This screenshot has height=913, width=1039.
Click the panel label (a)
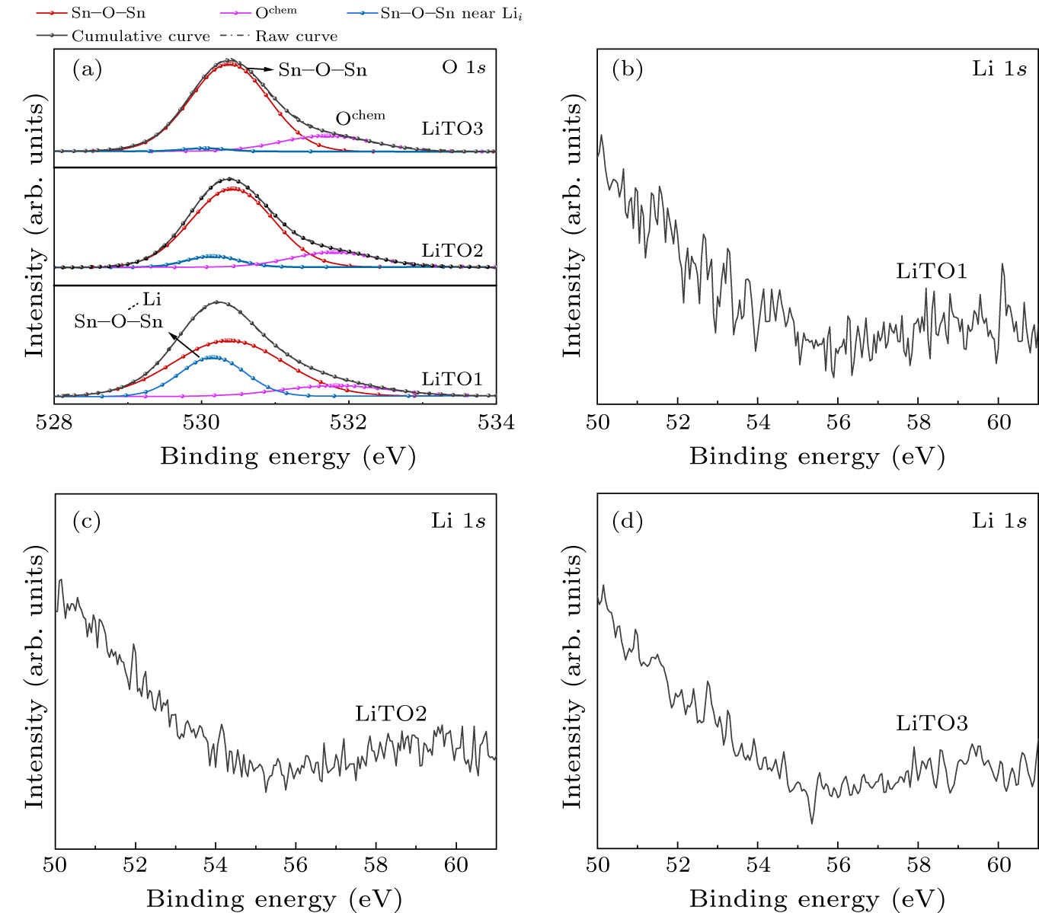point(87,69)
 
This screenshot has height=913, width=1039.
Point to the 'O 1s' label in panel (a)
point(463,68)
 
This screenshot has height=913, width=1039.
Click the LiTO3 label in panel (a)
point(452,128)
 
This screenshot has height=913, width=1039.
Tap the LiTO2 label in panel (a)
point(452,250)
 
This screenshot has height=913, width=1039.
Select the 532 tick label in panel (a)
point(349,421)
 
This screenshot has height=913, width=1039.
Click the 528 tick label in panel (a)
point(55,421)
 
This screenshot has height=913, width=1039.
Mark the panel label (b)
point(628,69)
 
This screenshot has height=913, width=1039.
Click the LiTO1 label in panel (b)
point(932,271)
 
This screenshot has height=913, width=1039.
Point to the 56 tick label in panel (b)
point(838,421)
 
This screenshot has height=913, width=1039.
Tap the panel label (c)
point(86,521)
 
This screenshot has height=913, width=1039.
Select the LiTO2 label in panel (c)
point(391,713)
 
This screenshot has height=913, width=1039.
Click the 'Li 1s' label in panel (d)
point(999,521)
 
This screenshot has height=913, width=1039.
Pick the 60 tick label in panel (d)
point(999,865)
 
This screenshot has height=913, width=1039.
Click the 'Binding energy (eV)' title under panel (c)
point(274,899)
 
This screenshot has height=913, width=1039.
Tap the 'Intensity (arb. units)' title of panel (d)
point(572,679)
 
